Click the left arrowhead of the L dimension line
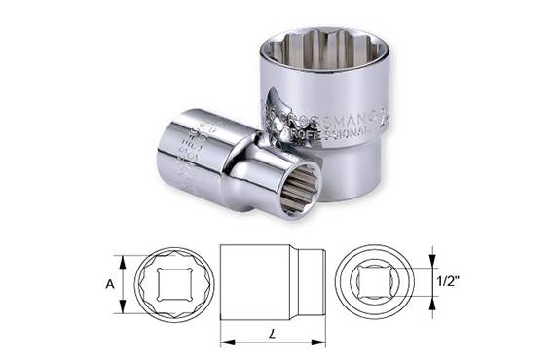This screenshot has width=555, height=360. click(x=225, y=341)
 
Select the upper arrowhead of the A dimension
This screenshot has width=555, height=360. click(x=123, y=259)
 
